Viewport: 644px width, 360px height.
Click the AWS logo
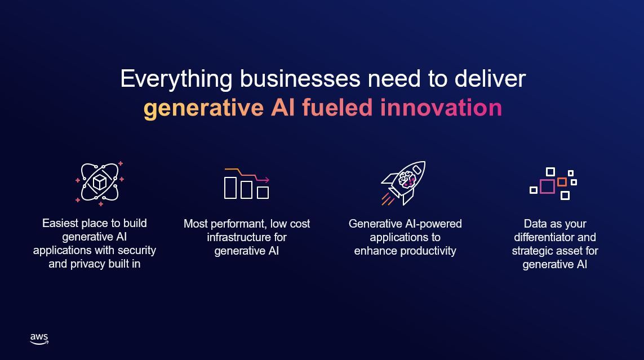39,339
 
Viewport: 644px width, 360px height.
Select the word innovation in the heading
441,107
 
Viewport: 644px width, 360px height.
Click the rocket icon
404,182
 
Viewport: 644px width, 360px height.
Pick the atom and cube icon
100,183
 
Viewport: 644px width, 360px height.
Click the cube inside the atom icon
100,182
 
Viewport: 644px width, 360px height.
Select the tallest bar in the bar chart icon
230,188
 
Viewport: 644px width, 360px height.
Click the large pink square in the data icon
547,186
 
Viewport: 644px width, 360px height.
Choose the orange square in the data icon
562,182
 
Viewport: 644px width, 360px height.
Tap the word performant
234,224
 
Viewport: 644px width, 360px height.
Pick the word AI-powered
430,224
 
